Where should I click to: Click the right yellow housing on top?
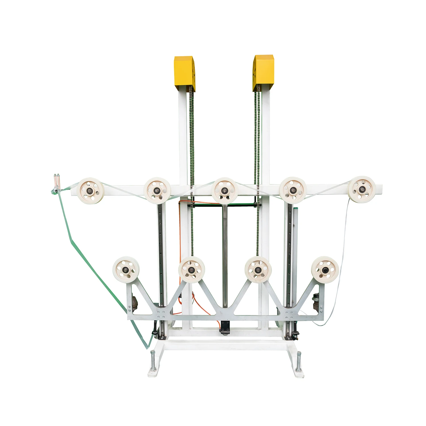tap(263, 73)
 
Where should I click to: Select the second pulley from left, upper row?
tap(157, 190)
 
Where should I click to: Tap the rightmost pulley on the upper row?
tap(361, 189)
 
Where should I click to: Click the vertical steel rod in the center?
tap(225, 256)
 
